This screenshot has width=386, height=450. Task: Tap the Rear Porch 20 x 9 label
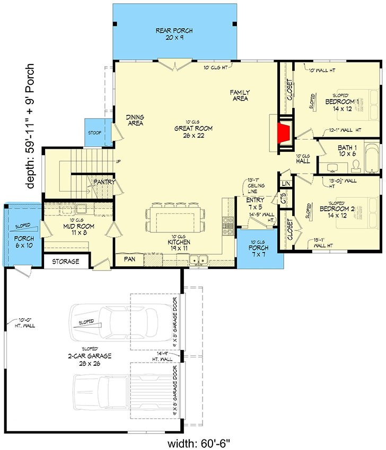click(x=174, y=34)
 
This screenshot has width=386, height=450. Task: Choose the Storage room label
click(x=65, y=262)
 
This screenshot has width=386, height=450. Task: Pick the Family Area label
click(x=240, y=95)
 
